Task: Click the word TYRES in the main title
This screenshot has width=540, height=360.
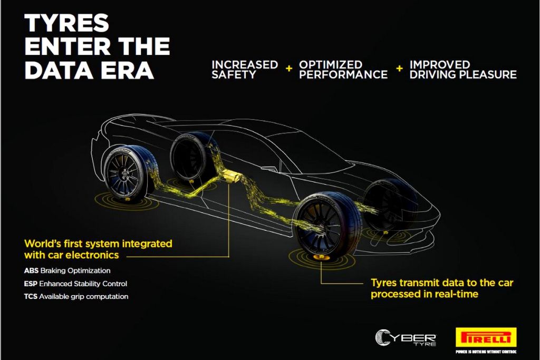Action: [67, 23]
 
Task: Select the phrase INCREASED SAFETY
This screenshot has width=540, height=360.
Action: [245, 70]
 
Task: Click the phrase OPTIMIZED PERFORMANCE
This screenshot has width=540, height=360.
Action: [343, 70]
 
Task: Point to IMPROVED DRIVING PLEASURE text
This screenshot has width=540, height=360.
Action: [463, 70]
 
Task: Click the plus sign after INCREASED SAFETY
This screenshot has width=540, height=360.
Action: [289, 69]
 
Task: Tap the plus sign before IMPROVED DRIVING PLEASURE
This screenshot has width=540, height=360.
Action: [400, 69]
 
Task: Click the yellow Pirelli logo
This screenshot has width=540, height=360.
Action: [486, 337]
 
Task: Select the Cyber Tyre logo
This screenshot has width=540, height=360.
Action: [406, 338]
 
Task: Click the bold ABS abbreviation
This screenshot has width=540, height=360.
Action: [31, 270]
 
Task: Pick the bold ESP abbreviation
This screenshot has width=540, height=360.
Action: [31, 284]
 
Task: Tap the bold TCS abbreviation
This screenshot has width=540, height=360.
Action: [31, 296]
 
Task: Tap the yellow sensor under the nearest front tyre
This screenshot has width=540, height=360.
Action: [320, 257]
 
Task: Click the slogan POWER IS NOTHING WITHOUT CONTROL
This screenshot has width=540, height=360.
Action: [486, 352]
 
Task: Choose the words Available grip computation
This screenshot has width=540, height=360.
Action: [84, 297]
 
